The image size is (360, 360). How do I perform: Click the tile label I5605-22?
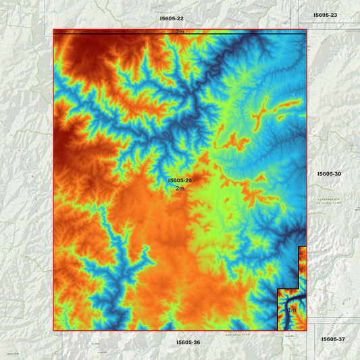[172, 18]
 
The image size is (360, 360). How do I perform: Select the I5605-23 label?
[325, 15]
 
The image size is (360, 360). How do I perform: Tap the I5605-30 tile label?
[329, 174]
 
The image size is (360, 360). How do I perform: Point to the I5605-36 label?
[188, 342]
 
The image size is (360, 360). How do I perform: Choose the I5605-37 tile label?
[333, 338]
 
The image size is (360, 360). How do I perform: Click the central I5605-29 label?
[180, 180]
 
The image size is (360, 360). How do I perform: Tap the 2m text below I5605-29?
[180, 188]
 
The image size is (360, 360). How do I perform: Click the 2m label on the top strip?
[180, 32]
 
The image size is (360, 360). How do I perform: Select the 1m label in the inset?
[292, 310]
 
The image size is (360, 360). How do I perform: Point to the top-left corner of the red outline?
[53, 30]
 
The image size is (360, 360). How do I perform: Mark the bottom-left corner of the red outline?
[53, 330]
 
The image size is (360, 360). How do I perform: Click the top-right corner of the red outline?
[307, 30]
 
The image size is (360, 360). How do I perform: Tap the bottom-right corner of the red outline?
[307, 330]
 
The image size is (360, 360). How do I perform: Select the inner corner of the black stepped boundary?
[299, 288]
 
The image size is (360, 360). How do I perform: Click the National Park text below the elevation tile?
[233, 334]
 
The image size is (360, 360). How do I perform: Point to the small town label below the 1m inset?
[290, 336]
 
